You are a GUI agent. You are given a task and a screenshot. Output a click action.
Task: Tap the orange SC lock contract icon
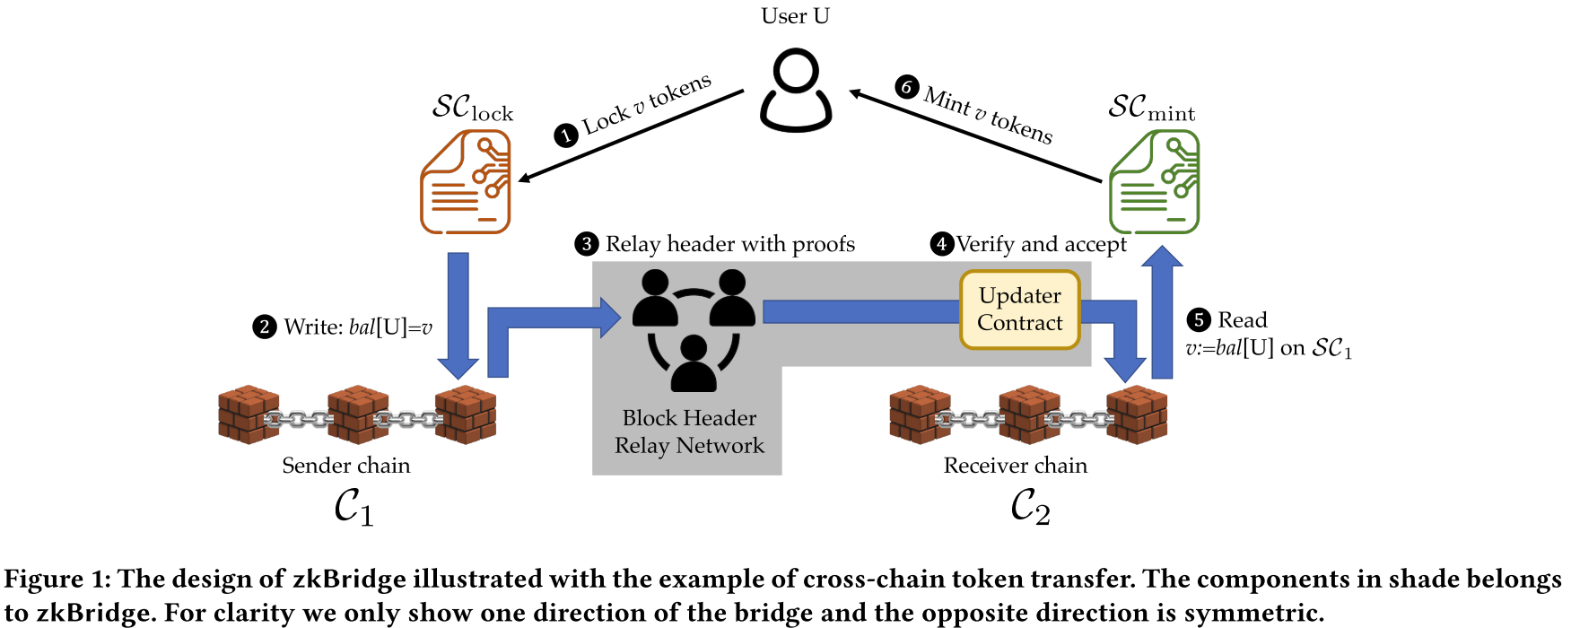pyautogui.click(x=466, y=182)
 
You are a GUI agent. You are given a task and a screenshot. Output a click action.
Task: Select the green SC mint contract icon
pyautogui.click(x=1154, y=182)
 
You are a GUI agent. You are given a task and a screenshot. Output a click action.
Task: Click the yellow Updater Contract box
pyautogui.click(x=1020, y=310)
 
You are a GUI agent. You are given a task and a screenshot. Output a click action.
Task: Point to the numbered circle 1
pyautogui.click(x=565, y=135)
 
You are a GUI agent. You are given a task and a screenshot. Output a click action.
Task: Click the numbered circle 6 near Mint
pyautogui.click(x=907, y=87)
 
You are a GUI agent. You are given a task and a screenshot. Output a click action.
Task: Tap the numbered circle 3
pyautogui.click(x=587, y=244)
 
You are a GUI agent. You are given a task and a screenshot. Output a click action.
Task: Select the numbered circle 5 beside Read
pyautogui.click(x=1199, y=320)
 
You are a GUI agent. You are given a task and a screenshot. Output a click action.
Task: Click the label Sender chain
pyautogui.click(x=346, y=466)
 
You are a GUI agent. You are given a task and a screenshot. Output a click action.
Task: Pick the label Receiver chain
pyautogui.click(x=1015, y=466)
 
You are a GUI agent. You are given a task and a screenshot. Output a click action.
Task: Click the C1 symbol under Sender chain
pyautogui.click(x=353, y=507)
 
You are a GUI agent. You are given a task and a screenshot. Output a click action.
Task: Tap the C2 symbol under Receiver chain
pyautogui.click(x=1030, y=507)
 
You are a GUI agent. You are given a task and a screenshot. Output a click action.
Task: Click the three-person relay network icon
pyautogui.click(x=693, y=331)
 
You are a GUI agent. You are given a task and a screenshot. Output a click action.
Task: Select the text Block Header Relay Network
pyautogui.click(x=689, y=432)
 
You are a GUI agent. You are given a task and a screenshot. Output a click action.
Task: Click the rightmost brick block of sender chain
pyautogui.click(x=466, y=414)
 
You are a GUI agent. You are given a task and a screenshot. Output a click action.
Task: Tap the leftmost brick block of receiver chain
pyautogui.click(x=920, y=414)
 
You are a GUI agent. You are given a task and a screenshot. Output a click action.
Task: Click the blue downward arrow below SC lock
pyautogui.click(x=458, y=314)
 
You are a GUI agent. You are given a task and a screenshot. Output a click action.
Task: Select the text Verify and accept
pyautogui.click(x=1041, y=244)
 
